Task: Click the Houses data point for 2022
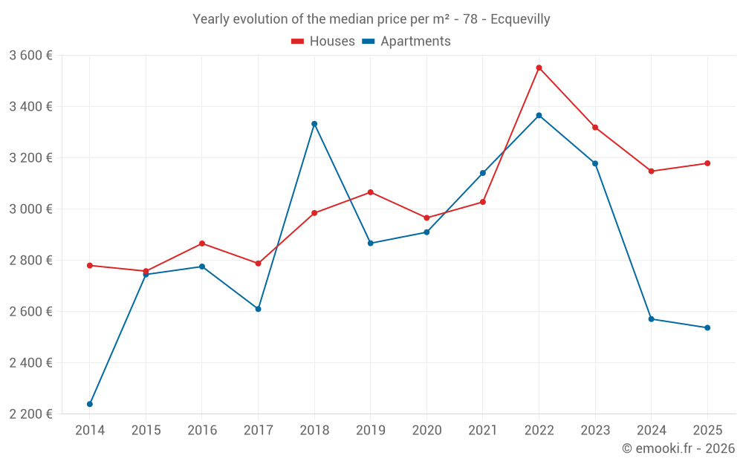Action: (x=539, y=68)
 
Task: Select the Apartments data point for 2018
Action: (x=314, y=124)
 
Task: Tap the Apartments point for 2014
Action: (x=90, y=404)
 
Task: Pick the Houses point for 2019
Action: (x=371, y=192)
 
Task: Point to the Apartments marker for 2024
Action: (x=651, y=319)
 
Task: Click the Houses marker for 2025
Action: (x=707, y=163)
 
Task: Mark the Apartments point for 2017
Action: (x=259, y=309)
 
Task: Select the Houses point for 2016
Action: (x=202, y=244)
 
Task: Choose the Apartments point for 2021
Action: (x=483, y=173)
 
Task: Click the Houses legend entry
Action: (x=323, y=42)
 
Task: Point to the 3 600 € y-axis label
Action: (x=30, y=55)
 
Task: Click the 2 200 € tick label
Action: (x=30, y=414)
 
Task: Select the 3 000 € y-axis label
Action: (x=30, y=209)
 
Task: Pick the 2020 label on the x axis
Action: (x=426, y=430)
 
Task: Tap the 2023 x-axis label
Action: (x=595, y=430)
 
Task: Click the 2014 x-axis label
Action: (x=90, y=430)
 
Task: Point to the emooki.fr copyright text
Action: (x=678, y=448)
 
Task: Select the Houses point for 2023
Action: (x=595, y=128)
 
